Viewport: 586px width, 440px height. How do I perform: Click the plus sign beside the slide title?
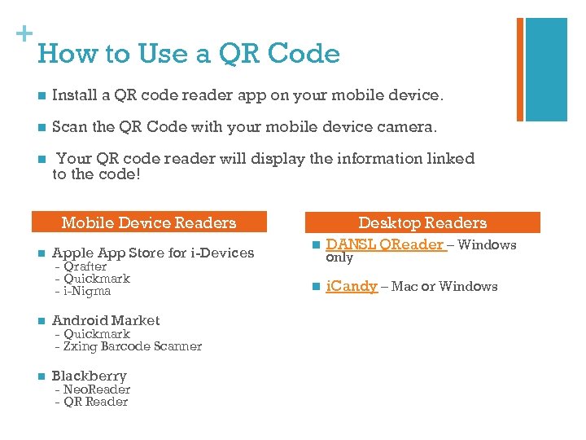pyautogui.click(x=24, y=33)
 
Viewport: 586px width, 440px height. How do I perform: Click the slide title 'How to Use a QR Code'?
pyautogui.click(x=189, y=54)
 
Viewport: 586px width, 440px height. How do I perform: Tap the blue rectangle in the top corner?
pyautogui.click(x=546, y=69)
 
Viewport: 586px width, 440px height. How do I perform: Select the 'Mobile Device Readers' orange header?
pyautogui.click(x=149, y=222)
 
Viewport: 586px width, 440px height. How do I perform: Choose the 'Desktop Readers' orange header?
pyautogui.click(x=422, y=222)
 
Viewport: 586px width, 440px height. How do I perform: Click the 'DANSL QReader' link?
pyautogui.click(x=385, y=244)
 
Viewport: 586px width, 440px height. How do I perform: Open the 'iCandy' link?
pyautogui.click(x=352, y=286)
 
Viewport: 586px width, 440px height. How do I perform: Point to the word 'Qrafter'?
pyautogui.click(x=85, y=266)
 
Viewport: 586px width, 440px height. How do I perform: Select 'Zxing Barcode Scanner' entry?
pyautogui.click(x=132, y=346)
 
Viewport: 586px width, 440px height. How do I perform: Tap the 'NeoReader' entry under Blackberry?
pyautogui.click(x=96, y=389)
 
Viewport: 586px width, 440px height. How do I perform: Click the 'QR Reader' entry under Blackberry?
pyautogui.click(x=95, y=402)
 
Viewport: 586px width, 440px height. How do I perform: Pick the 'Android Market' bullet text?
pyautogui.click(x=106, y=320)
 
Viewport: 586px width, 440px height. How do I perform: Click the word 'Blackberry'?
pyautogui.click(x=90, y=376)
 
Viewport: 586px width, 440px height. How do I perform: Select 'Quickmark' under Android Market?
pyautogui.click(x=96, y=333)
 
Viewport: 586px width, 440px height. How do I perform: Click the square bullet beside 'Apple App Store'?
pyautogui.click(x=39, y=253)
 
